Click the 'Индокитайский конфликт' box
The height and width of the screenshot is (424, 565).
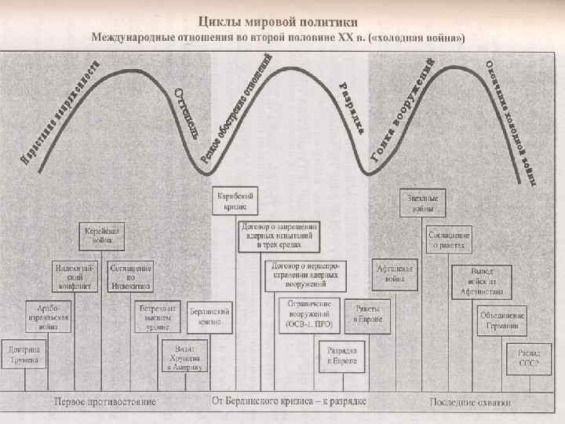(75, 276)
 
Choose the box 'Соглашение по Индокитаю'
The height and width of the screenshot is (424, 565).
(129, 276)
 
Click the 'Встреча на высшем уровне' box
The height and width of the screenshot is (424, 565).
(157, 316)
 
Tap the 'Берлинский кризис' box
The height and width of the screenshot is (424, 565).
(210, 316)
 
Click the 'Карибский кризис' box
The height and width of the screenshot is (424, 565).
(236, 200)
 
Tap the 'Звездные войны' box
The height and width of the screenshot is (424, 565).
(422, 202)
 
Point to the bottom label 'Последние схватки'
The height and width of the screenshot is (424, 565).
(470, 402)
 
